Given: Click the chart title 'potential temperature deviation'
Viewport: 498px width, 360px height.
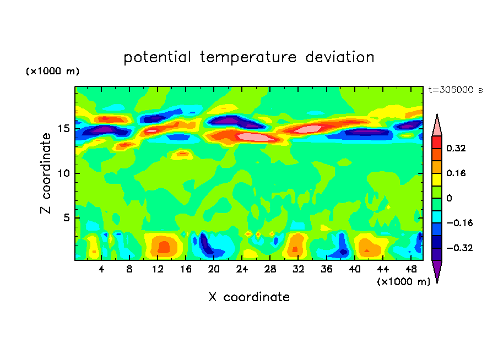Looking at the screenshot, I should point(248,57).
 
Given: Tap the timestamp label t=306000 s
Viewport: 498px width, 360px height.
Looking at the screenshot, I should point(455,90).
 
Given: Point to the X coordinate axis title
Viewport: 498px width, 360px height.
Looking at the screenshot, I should point(248,297).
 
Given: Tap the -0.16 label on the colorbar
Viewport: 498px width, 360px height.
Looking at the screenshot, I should point(455,223).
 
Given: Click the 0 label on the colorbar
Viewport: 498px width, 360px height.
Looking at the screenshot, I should point(449,198).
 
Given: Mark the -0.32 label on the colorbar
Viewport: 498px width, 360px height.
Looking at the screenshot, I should point(455,248).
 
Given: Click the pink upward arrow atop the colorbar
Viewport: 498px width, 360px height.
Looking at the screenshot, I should point(436,126).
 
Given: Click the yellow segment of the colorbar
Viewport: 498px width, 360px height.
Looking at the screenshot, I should point(436,179).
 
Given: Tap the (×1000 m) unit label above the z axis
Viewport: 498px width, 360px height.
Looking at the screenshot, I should point(53,72).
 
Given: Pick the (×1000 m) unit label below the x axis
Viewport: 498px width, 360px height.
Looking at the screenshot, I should point(404,281).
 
